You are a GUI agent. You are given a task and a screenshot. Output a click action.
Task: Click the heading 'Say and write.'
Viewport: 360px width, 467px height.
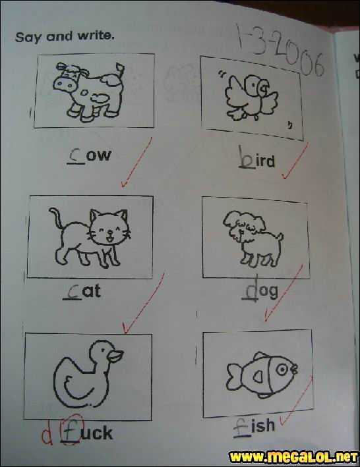coord(65,37)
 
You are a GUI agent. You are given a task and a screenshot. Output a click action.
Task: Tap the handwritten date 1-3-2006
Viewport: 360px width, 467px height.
coord(280,51)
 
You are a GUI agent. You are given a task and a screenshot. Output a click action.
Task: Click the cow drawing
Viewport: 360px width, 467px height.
coord(89,92)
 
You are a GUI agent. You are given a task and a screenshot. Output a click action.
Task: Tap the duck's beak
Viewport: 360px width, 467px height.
coord(116,356)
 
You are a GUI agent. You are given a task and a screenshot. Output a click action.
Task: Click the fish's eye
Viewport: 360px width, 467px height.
coord(282,370)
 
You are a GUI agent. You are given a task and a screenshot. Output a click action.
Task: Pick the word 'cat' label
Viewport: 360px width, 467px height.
coord(82,291)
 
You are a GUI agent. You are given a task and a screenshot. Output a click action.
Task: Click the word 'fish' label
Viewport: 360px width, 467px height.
coord(254,427)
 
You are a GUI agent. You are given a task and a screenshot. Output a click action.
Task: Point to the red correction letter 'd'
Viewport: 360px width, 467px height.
coord(47,436)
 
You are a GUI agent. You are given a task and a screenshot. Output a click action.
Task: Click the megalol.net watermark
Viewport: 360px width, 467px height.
coord(293,456)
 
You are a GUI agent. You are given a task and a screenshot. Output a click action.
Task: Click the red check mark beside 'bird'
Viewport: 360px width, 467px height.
coord(295,161)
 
